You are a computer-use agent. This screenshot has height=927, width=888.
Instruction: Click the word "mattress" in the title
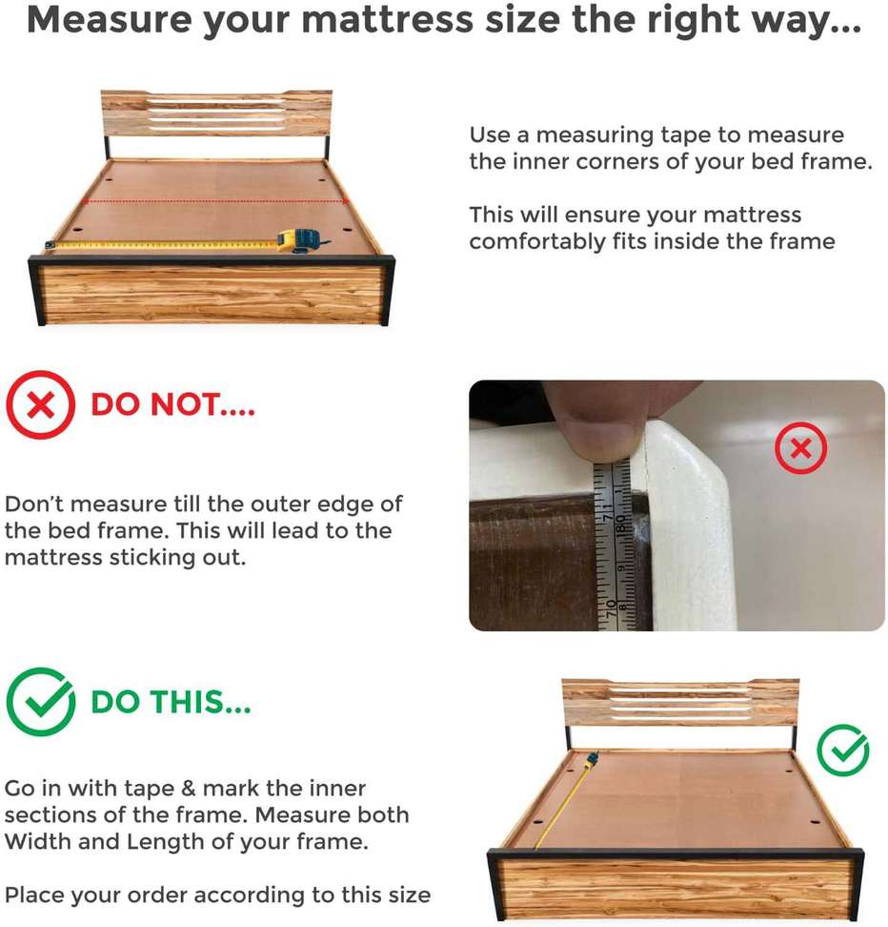point(388,19)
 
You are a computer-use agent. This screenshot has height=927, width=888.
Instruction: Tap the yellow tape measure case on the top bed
point(300,240)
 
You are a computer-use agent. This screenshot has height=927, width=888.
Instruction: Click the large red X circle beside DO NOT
point(41,405)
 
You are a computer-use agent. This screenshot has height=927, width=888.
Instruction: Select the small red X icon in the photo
point(800,448)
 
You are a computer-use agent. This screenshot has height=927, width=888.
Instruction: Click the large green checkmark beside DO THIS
point(41,702)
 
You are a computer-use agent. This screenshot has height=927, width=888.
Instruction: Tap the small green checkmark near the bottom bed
point(842,751)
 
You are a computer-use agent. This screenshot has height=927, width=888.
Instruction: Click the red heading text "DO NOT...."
point(172,405)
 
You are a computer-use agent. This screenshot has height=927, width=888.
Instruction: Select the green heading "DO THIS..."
point(171,702)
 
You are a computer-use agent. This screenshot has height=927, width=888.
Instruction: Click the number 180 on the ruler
point(621,523)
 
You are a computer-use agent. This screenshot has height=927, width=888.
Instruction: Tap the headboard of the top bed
point(216,113)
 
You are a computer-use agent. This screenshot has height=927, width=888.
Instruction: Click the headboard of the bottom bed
point(680,702)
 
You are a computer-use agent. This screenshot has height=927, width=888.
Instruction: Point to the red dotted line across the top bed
point(215,201)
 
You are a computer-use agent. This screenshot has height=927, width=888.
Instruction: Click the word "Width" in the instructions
point(36,841)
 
